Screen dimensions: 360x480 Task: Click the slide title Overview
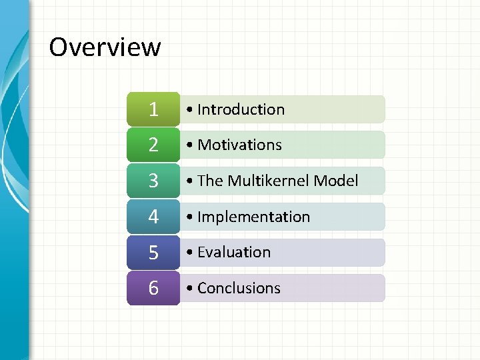click(x=105, y=47)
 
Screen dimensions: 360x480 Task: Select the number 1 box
click(x=153, y=109)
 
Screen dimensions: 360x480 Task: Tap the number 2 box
click(x=153, y=145)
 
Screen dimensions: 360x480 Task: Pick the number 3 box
click(x=153, y=181)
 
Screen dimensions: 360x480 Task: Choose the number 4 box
click(x=153, y=217)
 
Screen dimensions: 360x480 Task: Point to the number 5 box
click(x=153, y=252)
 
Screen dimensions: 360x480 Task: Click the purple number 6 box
click(x=153, y=288)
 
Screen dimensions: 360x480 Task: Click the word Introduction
click(x=241, y=109)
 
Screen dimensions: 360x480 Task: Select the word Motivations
click(x=239, y=145)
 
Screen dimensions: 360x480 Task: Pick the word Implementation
click(x=253, y=217)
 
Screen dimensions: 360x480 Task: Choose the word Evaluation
click(x=234, y=252)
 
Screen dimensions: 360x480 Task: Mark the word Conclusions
click(x=239, y=288)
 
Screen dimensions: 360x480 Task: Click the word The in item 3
click(x=210, y=181)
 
